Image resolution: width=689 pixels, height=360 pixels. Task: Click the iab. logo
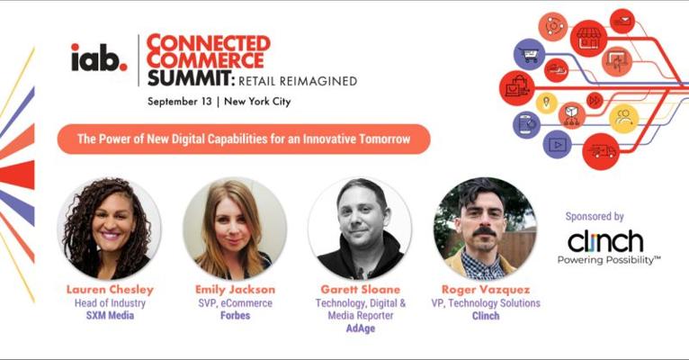pos(99,58)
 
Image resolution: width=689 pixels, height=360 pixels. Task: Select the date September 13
pos(179,102)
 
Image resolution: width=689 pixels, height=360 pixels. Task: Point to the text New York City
pos(257,102)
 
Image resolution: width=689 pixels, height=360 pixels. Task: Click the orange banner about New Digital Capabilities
pos(244,139)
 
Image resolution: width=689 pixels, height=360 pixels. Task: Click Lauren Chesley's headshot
pos(109,228)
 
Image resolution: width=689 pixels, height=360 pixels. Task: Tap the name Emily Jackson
pos(235,290)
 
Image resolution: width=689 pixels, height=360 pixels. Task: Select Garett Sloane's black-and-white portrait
pos(360,228)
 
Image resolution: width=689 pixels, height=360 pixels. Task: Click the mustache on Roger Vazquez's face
pos(484,231)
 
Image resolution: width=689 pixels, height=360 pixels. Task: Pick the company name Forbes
pos(235,316)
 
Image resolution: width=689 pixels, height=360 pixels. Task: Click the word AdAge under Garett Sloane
pos(361,328)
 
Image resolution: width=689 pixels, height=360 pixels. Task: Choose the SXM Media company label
pos(110,316)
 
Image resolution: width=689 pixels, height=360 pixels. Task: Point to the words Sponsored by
pos(595,216)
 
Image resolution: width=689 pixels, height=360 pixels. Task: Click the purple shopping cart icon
pos(529,55)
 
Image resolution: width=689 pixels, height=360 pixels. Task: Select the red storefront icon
pos(589,38)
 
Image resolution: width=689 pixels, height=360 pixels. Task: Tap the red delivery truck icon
pos(601,151)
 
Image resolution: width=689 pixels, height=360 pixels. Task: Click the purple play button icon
pos(557,145)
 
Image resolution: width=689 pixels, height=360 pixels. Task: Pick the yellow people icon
pos(623,119)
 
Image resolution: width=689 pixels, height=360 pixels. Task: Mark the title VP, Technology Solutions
pos(486,303)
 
